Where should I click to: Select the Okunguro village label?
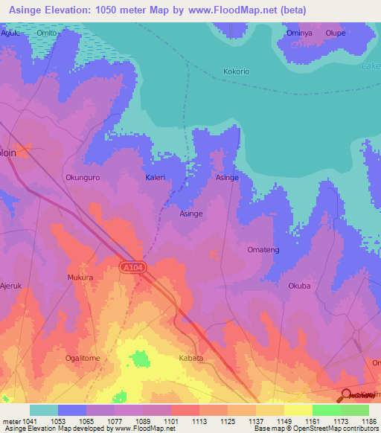tap(82, 178)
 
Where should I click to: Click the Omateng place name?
tap(263, 250)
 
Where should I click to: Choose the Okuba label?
tap(298, 286)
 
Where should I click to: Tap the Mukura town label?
tap(80, 278)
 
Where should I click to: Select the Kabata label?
tap(191, 358)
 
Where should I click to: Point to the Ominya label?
tap(298, 33)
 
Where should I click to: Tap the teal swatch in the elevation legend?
tap(43, 410)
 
